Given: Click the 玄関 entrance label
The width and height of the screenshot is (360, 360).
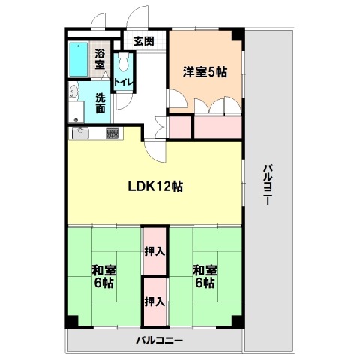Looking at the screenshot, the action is (143, 41).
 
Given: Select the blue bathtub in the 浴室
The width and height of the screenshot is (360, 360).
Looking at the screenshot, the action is (79, 59).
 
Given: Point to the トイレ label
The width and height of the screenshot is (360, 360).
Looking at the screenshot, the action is (123, 82).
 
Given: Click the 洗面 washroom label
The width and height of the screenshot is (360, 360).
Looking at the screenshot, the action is (100, 103).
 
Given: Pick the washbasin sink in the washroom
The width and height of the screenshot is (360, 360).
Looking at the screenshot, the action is (73, 91).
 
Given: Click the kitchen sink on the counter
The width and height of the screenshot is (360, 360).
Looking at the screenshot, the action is (80, 133).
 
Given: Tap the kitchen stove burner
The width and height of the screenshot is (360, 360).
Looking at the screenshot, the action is (112, 133).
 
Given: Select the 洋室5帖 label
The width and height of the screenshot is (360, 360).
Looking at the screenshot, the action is (205, 72).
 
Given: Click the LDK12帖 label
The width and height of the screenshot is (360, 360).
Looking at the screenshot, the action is (155, 187).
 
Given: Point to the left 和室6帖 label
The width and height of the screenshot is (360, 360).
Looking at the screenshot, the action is (103, 276).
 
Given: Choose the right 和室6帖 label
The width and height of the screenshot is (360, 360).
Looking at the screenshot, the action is (205, 276).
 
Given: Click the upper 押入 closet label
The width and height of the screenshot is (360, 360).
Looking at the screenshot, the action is (154, 251).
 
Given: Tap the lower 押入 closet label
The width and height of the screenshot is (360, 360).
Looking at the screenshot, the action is (154, 301).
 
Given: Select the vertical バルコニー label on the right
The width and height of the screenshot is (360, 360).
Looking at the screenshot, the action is (268, 185).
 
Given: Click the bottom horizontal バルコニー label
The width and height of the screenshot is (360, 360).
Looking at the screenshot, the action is (159, 340).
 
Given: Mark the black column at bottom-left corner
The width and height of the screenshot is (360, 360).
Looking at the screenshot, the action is (72, 322).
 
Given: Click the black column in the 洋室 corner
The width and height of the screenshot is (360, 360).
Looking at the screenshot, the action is (238, 34).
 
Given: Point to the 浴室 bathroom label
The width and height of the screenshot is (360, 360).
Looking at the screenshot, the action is (100, 59).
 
